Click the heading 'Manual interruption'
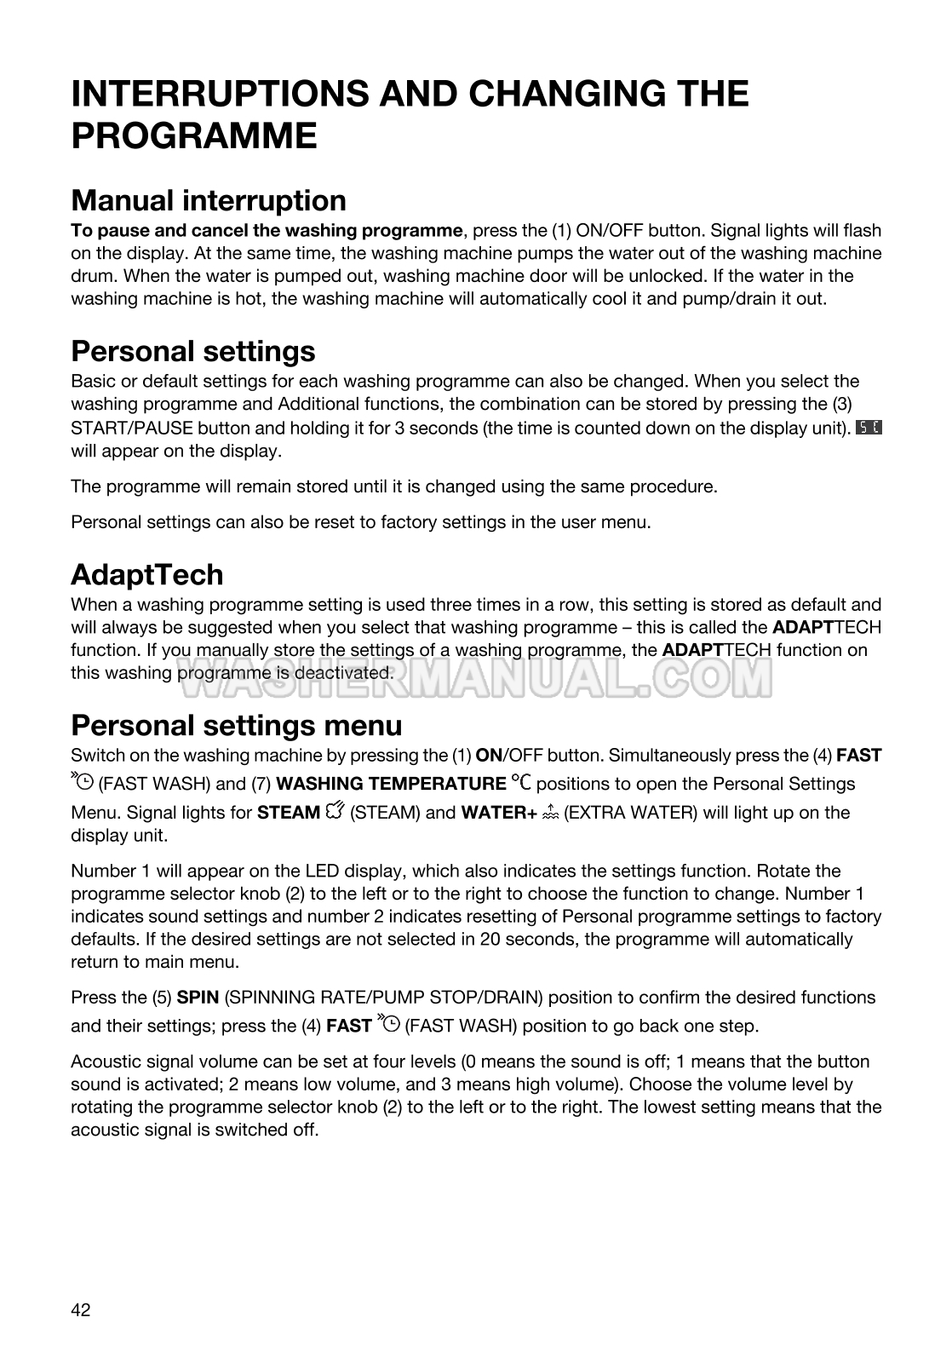(x=209, y=201)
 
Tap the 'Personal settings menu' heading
(x=236, y=726)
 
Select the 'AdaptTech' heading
(x=146, y=575)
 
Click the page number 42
(x=80, y=1309)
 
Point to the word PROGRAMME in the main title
(x=194, y=136)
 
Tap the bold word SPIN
(x=198, y=998)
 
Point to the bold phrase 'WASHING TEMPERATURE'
(x=391, y=784)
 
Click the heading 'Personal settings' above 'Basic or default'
(x=193, y=351)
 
